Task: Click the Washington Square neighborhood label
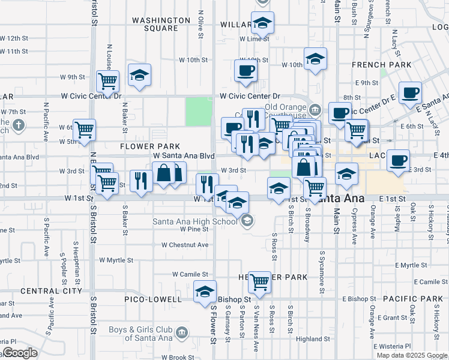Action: coord(155,24)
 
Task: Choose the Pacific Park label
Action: coord(408,299)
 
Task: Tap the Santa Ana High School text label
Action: coord(195,221)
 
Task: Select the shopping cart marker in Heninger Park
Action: coord(259,281)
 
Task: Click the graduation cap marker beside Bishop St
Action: coord(205,291)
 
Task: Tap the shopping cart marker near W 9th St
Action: coord(107,80)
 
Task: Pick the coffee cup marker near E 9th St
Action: coord(410,92)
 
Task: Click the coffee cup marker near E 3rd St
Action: coord(398,160)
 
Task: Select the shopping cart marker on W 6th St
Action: coord(85,128)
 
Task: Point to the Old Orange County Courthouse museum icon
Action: coord(316,110)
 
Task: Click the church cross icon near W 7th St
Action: coord(19,125)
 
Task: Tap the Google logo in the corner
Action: coord(20,353)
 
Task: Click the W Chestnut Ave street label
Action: coord(185,245)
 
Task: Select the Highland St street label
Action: coord(313,339)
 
